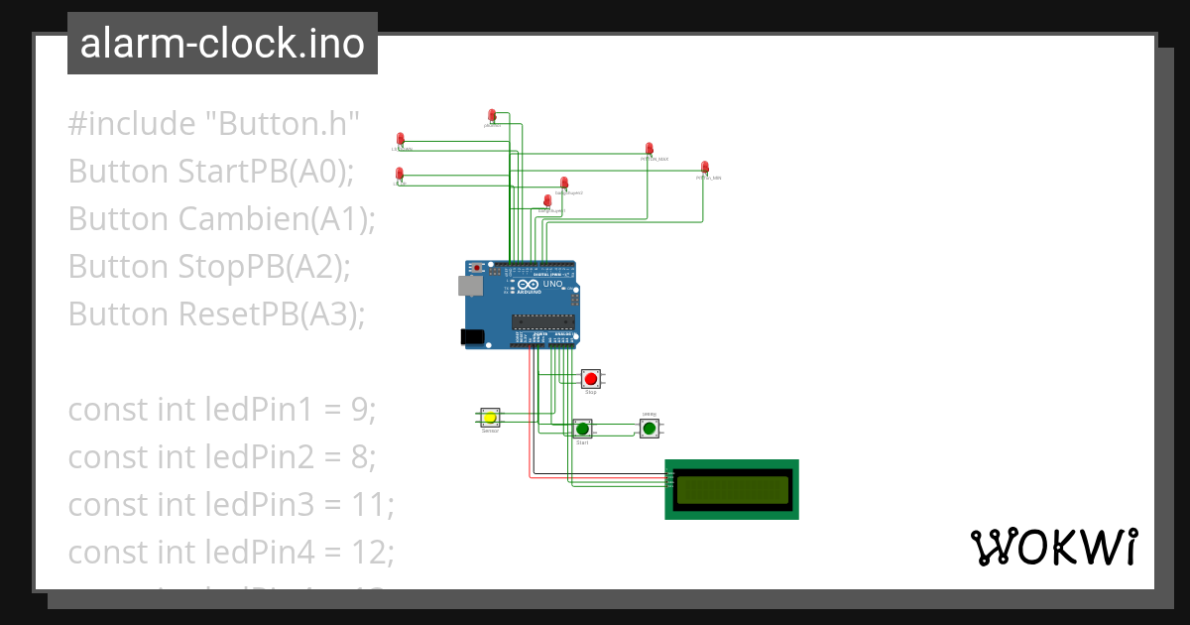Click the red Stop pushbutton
(x=591, y=378)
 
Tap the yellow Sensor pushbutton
(x=490, y=419)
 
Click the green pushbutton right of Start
(x=649, y=428)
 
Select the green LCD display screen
(x=732, y=488)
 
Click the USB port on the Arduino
(x=469, y=286)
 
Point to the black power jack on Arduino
(x=474, y=337)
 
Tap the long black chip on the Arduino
(x=542, y=320)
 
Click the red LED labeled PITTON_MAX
(x=650, y=149)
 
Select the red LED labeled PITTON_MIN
(x=705, y=168)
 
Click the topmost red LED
(x=492, y=116)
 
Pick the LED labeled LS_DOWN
(x=401, y=139)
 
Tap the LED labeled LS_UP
(x=400, y=175)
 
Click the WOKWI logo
(x=1053, y=547)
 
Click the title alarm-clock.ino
(x=222, y=44)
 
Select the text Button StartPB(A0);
(x=211, y=172)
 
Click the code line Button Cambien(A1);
(x=222, y=219)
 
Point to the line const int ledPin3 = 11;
(x=231, y=505)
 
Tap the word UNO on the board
(x=552, y=284)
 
